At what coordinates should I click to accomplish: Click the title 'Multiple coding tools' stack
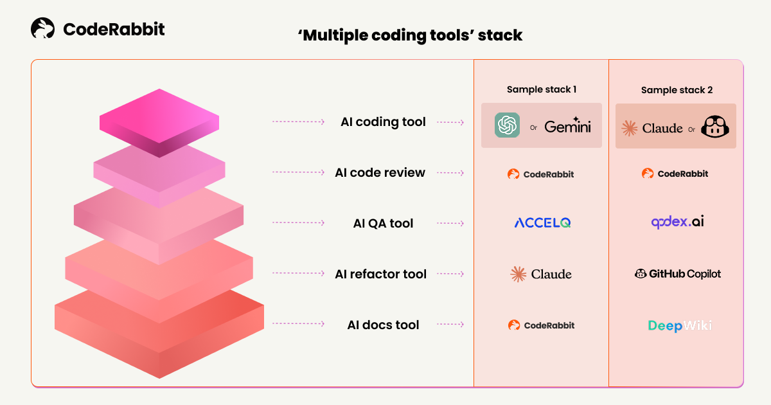(x=410, y=35)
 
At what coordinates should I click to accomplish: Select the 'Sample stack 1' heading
(x=541, y=89)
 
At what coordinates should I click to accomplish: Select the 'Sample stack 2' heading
(x=677, y=90)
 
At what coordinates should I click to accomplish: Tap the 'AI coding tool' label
(x=383, y=122)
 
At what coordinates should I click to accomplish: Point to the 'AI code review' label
(x=380, y=172)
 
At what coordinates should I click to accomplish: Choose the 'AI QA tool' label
(x=383, y=223)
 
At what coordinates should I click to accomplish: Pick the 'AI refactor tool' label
(x=380, y=274)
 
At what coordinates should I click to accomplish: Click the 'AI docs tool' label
(x=383, y=325)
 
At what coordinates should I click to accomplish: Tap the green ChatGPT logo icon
(x=507, y=125)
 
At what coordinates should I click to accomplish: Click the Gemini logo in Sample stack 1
(x=567, y=125)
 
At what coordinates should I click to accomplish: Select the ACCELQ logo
(x=542, y=223)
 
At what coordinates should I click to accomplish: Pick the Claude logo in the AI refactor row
(x=541, y=274)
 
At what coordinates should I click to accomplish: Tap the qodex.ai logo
(x=677, y=222)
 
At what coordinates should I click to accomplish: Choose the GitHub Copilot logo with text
(x=677, y=274)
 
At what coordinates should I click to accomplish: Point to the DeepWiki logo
(x=679, y=325)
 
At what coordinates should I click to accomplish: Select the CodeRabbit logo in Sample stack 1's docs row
(x=541, y=325)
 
